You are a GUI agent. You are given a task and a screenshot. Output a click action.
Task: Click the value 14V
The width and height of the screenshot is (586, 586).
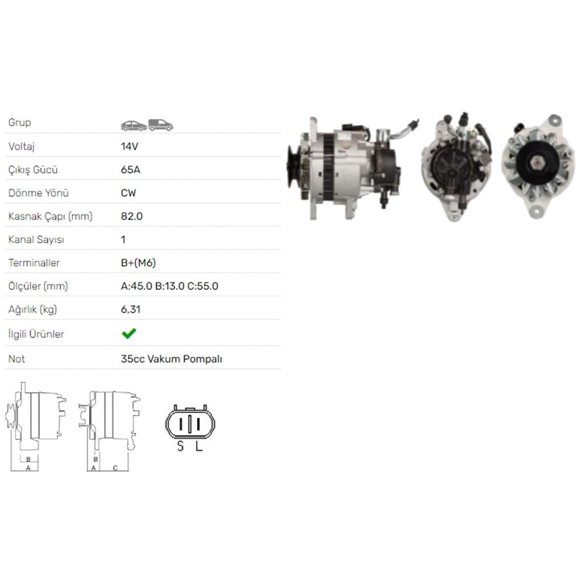point(130,146)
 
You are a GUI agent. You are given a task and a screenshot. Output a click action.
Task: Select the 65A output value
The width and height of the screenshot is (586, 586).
point(131,170)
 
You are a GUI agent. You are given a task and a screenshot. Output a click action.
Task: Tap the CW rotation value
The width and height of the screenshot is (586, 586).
point(128,193)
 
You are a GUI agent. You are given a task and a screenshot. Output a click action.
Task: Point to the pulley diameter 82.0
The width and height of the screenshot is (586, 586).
point(131,216)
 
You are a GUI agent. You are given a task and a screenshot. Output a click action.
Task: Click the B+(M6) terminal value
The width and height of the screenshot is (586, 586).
point(138,263)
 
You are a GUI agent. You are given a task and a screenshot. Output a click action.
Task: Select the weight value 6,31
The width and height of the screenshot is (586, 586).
point(131,309)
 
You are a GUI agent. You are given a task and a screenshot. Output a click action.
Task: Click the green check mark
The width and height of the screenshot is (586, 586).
point(129,333)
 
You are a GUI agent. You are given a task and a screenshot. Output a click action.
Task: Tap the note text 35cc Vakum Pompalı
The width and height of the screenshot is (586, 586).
point(171,359)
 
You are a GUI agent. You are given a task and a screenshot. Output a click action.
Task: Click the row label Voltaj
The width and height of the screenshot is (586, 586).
point(21,146)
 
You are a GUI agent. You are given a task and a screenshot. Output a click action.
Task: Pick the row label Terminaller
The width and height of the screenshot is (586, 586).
point(34,263)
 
